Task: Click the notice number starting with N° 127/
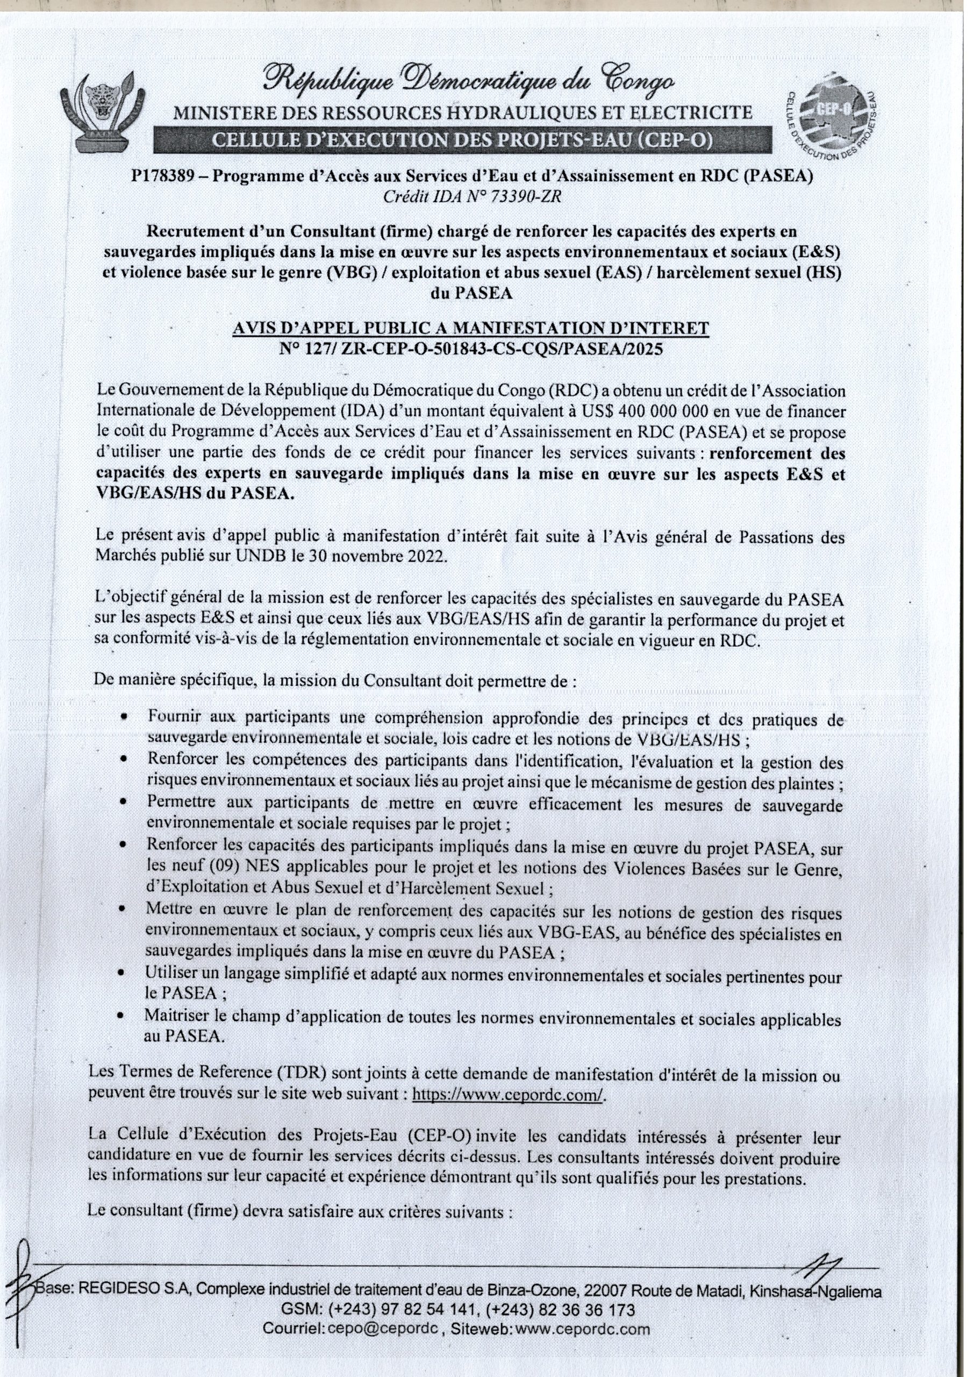pos(471,349)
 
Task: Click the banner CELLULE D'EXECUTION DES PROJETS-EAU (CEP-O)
pos(463,140)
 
